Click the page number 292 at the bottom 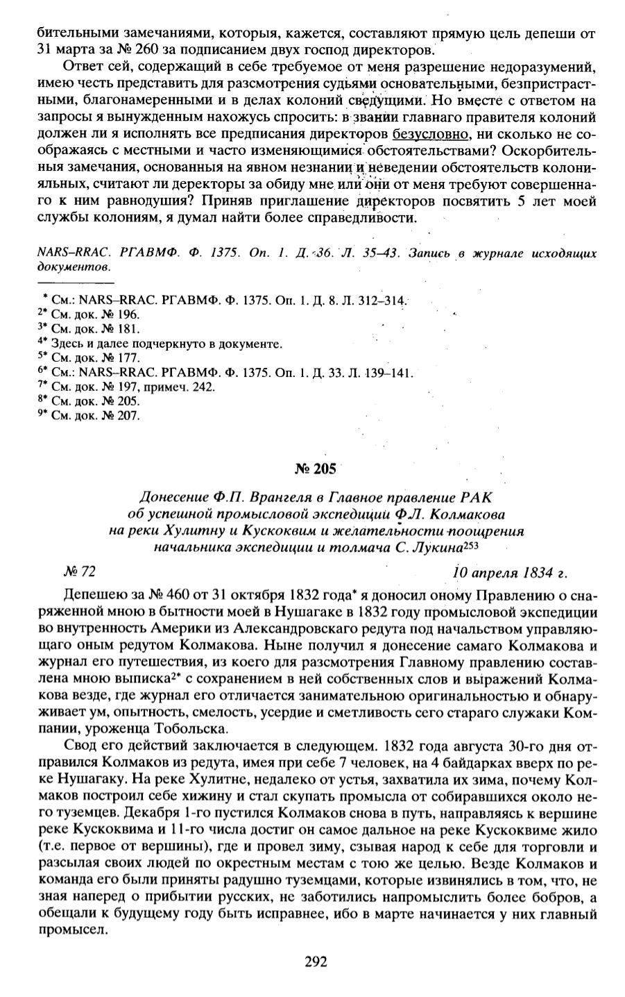pos(316,962)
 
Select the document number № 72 pos(78,572)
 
